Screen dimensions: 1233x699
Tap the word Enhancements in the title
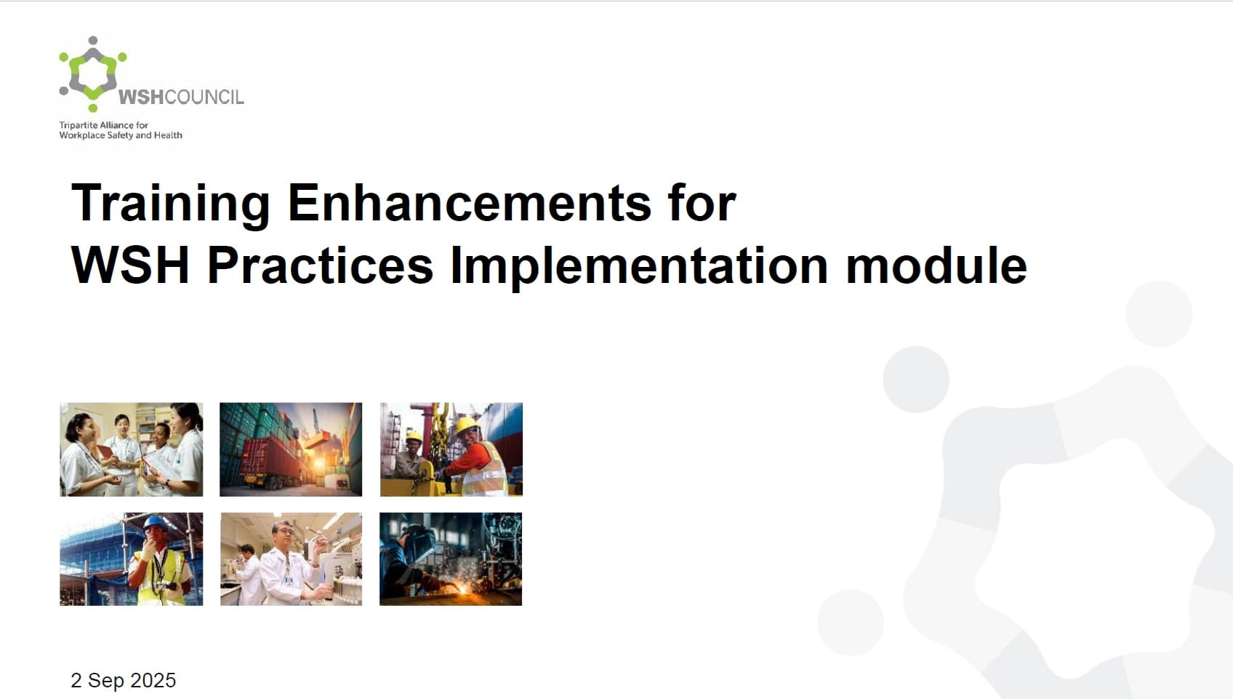(469, 203)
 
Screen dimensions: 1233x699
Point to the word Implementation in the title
(639, 267)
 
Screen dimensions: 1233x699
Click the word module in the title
(936, 265)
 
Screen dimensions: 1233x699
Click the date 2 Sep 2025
(124, 680)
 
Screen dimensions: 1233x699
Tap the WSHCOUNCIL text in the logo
(181, 97)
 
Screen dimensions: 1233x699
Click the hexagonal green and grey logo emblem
(93, 73)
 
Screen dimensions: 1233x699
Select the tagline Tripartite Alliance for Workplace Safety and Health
(121, 130)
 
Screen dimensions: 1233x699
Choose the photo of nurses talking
(131, 450)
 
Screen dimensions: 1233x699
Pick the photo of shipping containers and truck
(291, 450)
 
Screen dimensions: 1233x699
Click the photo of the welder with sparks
(451, 559)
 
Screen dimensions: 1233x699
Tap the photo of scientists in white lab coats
(292, 559)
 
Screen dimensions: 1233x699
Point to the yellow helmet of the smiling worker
(467, 425)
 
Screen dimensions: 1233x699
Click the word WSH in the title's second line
(130, 265)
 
